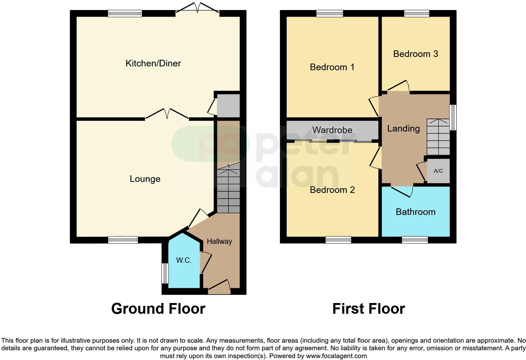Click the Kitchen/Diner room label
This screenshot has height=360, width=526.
(x=153, y=63)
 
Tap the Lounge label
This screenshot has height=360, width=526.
(x=145, y=179)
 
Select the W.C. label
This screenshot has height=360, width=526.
(x=184, y=260)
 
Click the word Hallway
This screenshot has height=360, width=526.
(x=219, y=241)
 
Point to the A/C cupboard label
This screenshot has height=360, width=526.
(x=438, y=171)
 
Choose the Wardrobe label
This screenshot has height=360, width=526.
(x=332, y=130)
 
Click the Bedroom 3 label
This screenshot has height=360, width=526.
(x=416, y=54)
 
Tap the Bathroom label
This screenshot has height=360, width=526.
(x=416, y=212)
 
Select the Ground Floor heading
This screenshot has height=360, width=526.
(x=158, y=309)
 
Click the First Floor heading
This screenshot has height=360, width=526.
(x=369, y=309)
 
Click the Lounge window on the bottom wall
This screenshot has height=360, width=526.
(x=123, y=240)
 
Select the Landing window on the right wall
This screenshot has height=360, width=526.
(x=453, y=117)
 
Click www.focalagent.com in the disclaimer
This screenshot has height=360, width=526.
(x=336, y=356)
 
